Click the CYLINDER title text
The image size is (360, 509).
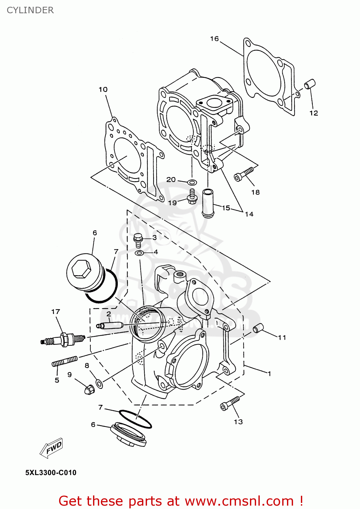[x=30, y=10]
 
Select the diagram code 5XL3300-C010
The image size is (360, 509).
[x=51, y=473]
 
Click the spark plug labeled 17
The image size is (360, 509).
[x=63, y=339]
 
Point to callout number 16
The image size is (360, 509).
[x=214, y=39]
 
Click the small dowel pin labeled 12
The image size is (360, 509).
[x=310, y=84]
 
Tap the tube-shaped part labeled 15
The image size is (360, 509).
[x=208, y=203]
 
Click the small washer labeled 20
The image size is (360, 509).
[x=192, y=182]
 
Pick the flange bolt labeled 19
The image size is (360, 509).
[x=192, y=197]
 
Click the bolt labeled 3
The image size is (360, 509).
[x=138, y=240]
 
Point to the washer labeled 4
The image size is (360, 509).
[x=139, y=253]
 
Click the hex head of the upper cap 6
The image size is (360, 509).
[x=82, y=270]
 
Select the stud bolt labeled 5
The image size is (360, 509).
[x=65, y=361]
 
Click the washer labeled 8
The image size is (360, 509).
[x=99, y=384]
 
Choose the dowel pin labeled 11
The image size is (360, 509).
[x=258, y=328]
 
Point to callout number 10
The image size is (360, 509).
[x=103, y=90]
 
